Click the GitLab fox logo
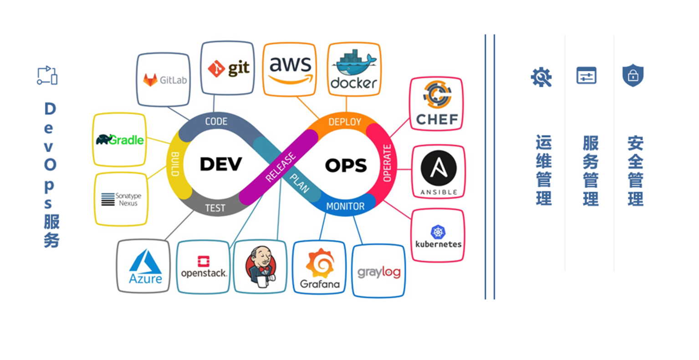coord(150,80)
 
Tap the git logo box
coord(228,68)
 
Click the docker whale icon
coord(353,64)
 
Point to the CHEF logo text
coord(437,120)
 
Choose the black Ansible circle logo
coord(439,168)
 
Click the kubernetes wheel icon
coord(438,232)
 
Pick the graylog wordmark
coord(379,272)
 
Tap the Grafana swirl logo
coord(320,263)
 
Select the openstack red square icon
coord(204,261)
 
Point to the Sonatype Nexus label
coord(128,199)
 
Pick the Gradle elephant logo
coord(104,139)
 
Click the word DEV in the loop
coord(221,164)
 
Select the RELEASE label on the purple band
coord(281,167)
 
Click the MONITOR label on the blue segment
coord(345,207)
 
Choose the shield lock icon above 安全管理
coord(633,75)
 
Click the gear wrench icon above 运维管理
coord(541,77)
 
